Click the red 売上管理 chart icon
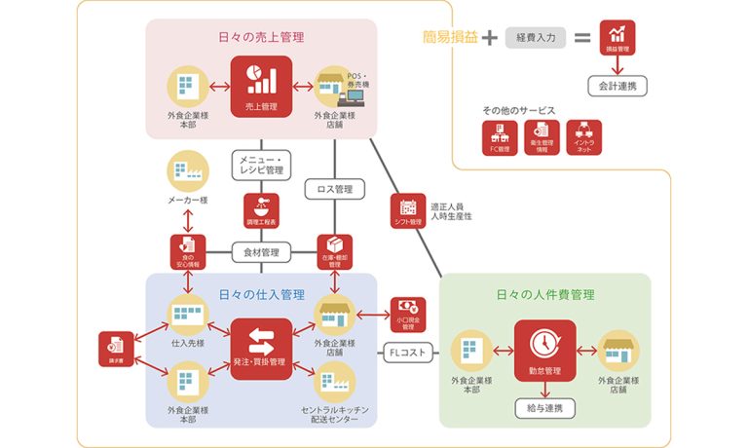coord(260,85)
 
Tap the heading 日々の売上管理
coord(261,38)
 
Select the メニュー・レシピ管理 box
coord(260,165)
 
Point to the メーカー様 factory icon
coord(184,171)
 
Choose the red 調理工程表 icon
coord(260,210)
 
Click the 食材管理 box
coord(260,253)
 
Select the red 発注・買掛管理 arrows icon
coord(260,349)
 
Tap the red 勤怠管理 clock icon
coord(544,347)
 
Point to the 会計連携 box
coord(617,87)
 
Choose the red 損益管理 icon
coord(617,38)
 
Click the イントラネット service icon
coord(583,137)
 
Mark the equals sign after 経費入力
coord(582,39)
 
